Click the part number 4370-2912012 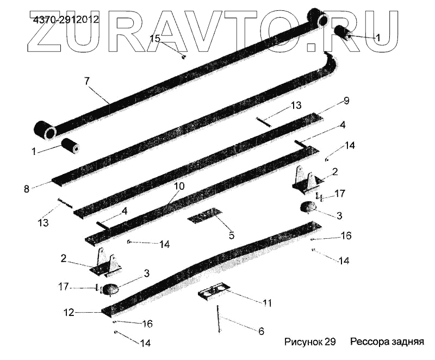pos(66,20)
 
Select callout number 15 pos(155,39)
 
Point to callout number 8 pos(26,189)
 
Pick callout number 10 pos(179,187)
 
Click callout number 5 pos(231,235)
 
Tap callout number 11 pos(266,302)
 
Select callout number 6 pos(261,331)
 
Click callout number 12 pos(69,313)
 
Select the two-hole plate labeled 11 pos(214,294)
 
